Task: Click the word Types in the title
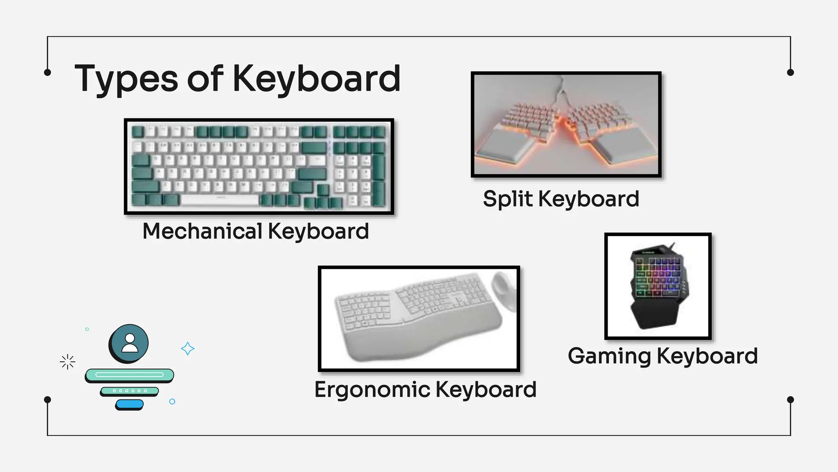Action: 126,79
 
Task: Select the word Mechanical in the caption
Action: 202,231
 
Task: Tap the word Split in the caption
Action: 508,199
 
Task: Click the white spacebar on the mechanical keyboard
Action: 220,200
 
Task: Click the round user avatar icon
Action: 129,343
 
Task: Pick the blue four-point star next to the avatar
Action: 187,349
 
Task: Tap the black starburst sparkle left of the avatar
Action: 68,362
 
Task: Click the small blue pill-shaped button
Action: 129,404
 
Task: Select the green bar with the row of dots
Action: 129,391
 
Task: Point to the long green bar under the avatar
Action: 129,374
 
